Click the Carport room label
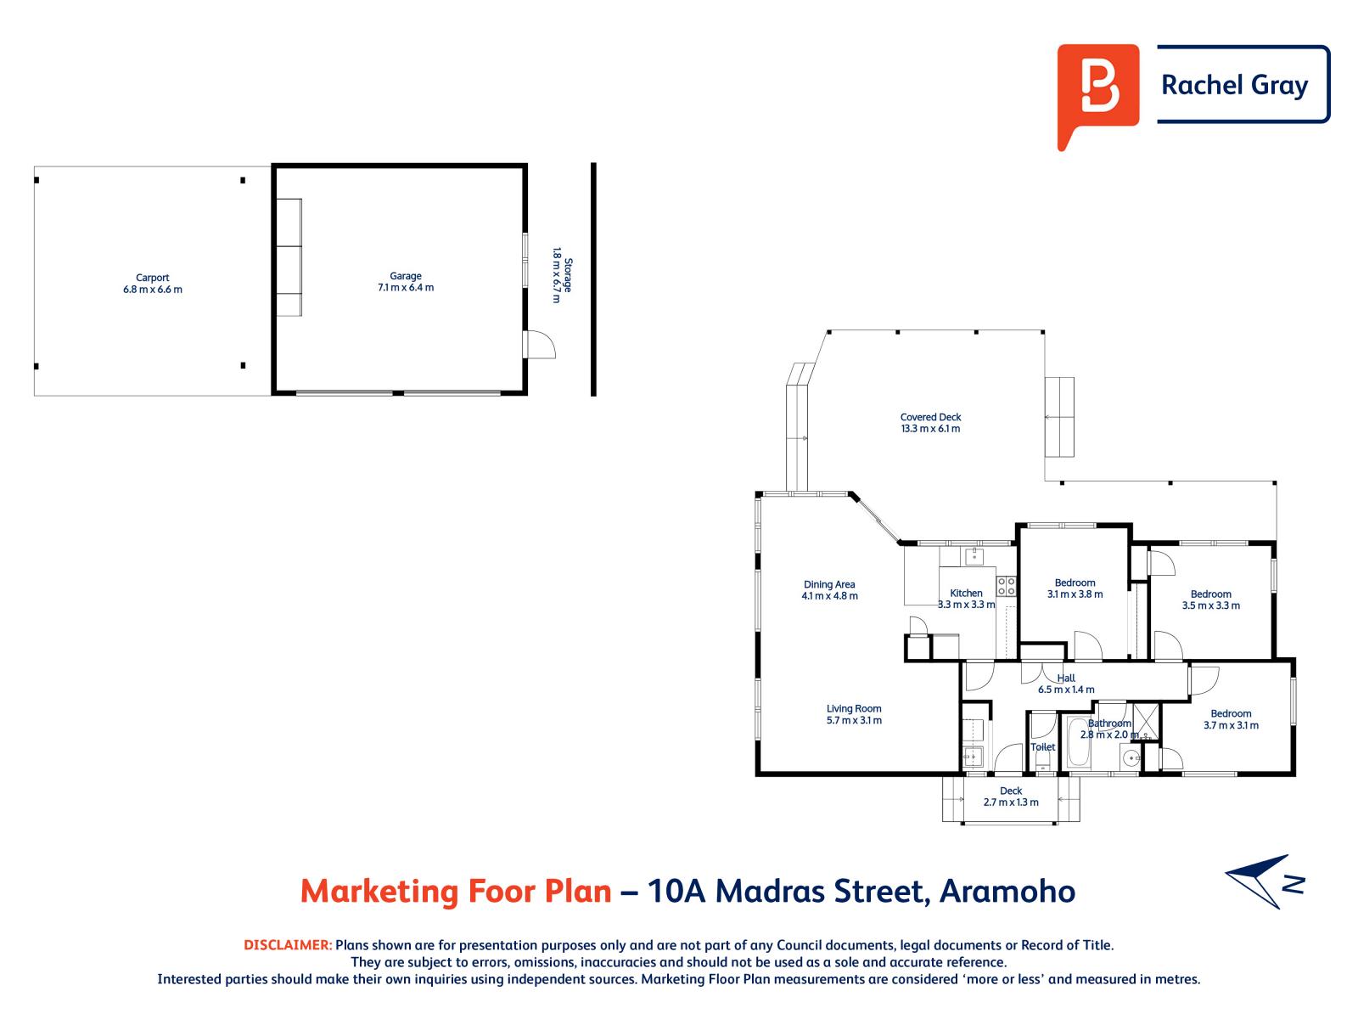pyautogui.click(x=152, y=278)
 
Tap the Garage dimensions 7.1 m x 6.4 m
pyautogui.click(x=405, y=288)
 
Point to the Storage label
pyautogui.click(x=568, y=275)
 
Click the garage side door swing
pyautogui.click(x=540, y=344)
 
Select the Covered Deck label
pyautogui.click(x=930, y=417)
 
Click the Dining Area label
pyautogui.click(x=828, y=584)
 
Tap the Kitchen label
pyautogui.click(x=966, y=593)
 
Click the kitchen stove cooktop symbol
pyautogui.click(x=1006, y=586)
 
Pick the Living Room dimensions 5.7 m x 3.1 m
pyautogui.click(x=854, y=720)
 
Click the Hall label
pyautogui.click(x=1065, y=678)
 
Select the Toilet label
pyautogui.click(x=1042, y=746)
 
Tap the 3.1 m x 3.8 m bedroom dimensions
pyautogui.click(x=1075, y=594)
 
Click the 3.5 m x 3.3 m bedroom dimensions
pyautogui.click(x=1211, y=605)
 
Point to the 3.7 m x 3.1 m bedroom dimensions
pyautogui.click(x=1231, y=725)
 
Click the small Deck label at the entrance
pyautogui.click(x=1010, y=791)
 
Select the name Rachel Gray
pyautogui.click(x=1234, y=86)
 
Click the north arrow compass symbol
pyautogui.click(x=1263, y=881)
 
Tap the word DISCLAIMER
pyautogui.click(x=288, y=945)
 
